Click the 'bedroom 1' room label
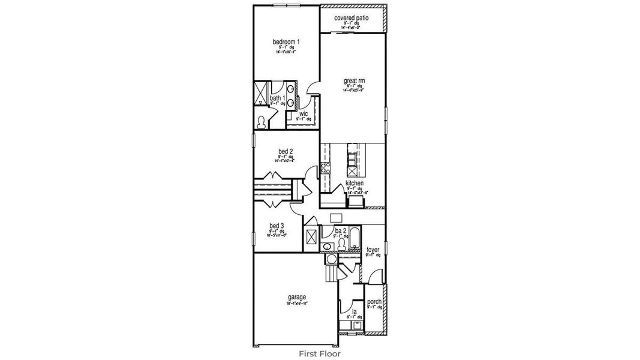(286, 42)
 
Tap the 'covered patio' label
(351, 19)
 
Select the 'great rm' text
(354, 80)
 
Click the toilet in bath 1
(262, 122)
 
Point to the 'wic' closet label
(304, 113)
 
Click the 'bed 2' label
(286, 151)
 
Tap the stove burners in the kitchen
(326, 169)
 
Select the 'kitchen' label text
(354, 183)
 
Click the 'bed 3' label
(277, 226)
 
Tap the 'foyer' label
(373, 250)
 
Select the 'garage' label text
(297, 297)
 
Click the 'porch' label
(374, 302)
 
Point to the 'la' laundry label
(354, 312)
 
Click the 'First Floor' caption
(320, 354)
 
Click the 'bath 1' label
(277, 98)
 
